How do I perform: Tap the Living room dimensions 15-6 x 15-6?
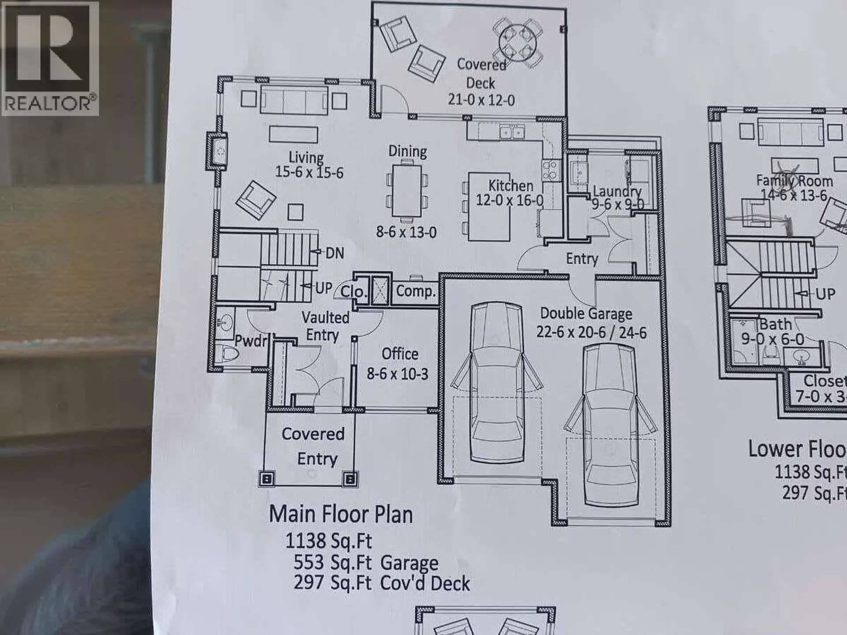coord(309,172)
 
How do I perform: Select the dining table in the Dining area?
coord(407,190)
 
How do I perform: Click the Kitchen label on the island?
coord(510,186)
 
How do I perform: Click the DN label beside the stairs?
coord(334,253)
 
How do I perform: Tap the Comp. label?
coord(416,291)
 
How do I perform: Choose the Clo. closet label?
coord(353,291)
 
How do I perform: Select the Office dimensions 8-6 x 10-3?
coord(397,374)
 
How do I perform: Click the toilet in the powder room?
coord(228,353)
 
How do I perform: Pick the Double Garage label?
coord(586,314)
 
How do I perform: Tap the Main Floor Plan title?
coord(341,515)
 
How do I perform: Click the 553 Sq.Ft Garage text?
coord(366,563)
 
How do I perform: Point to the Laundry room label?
coord(617,191)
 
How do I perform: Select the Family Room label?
coord(794,181)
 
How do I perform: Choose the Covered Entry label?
coord(313,446)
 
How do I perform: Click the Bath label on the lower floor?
coord(775,325)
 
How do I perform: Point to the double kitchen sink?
coord(512,132)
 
